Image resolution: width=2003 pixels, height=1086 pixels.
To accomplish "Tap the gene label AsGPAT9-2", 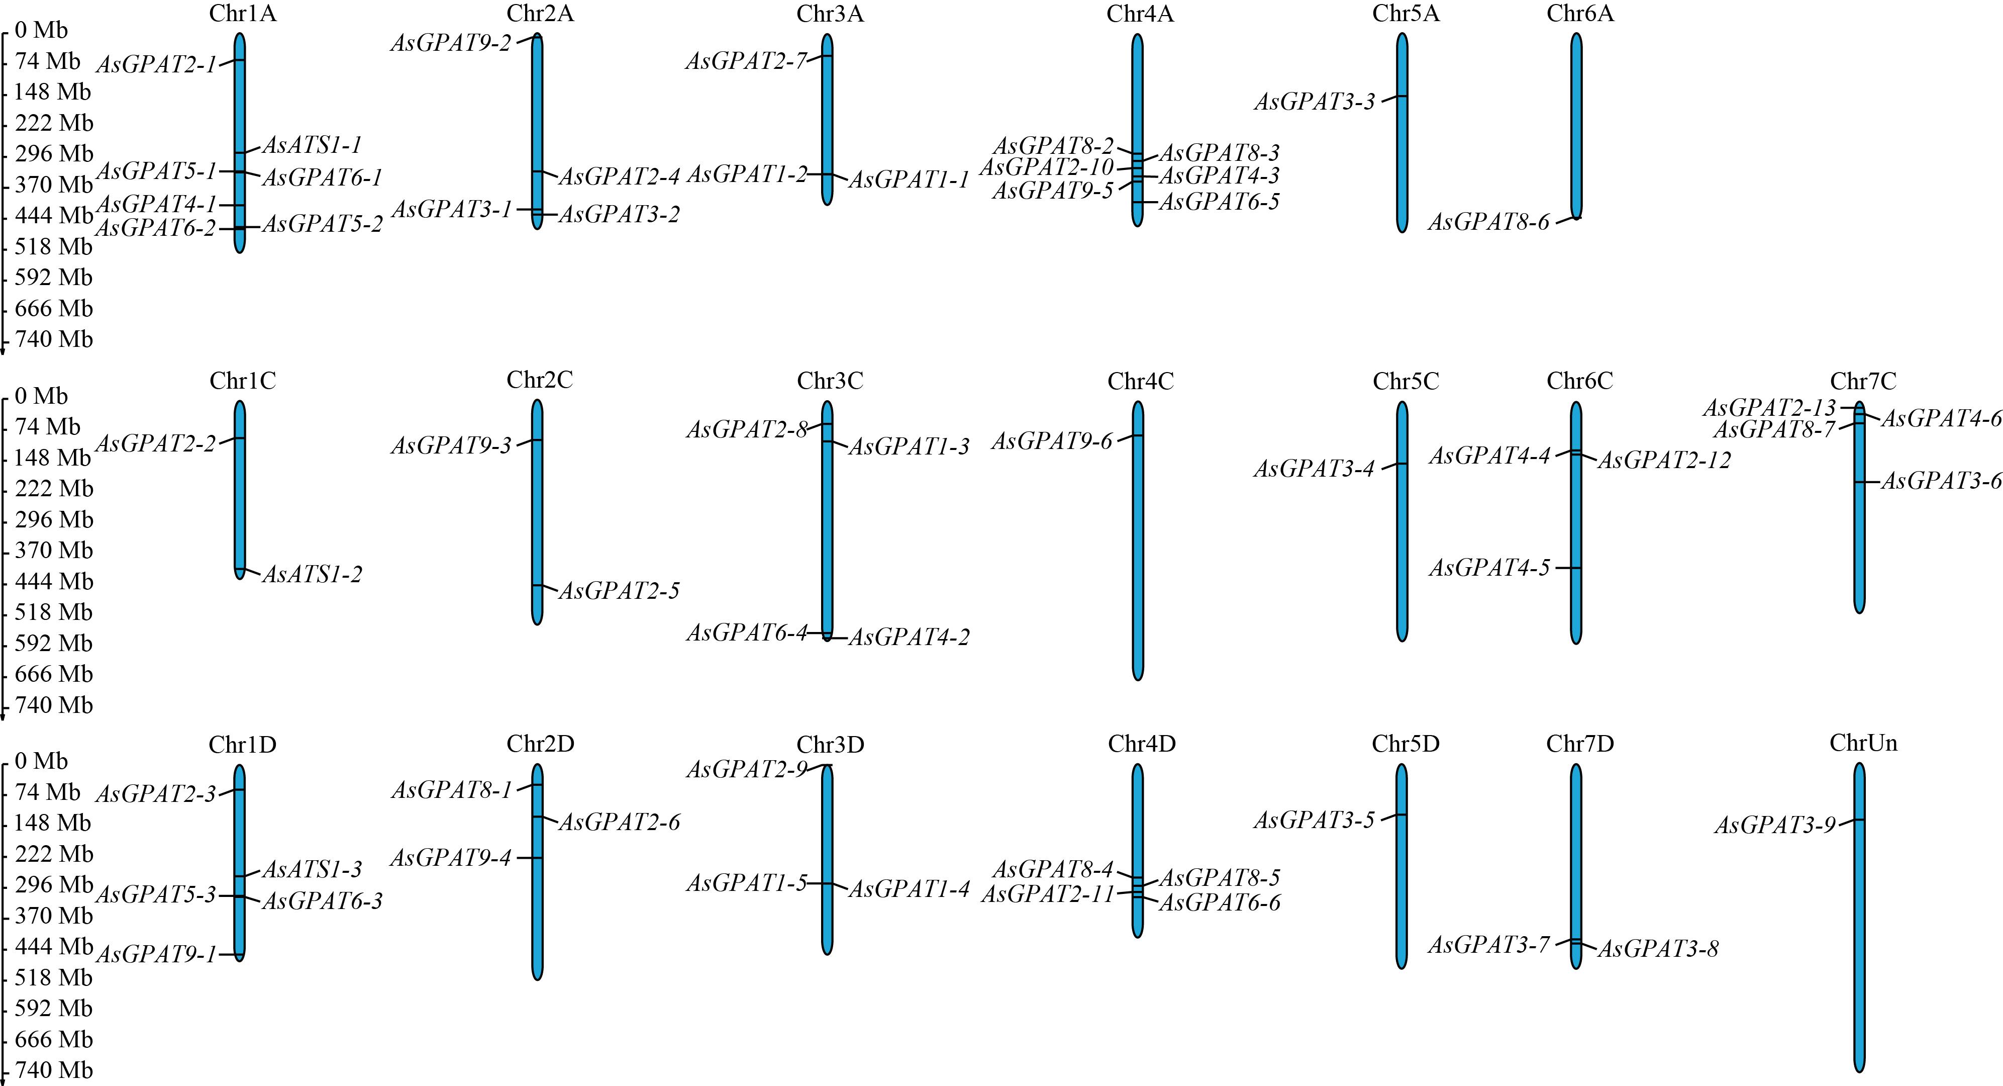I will coord(451,43).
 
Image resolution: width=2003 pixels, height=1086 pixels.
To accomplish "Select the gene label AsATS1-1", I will coord(312,145).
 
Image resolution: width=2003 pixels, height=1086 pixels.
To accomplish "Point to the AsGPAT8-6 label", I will coord(1488,223).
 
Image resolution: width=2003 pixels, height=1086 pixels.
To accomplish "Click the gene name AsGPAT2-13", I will coord(1769,408).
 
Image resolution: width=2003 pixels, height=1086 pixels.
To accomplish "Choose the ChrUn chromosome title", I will coord(1863,743).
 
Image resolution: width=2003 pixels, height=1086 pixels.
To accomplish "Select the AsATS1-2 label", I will coord(312,575).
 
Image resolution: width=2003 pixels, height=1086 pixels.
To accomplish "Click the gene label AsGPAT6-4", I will coord(746,633).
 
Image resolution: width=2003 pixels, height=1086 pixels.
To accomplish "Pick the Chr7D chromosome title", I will coord(1579,745).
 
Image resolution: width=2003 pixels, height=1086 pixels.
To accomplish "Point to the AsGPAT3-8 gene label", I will coord(1658,949).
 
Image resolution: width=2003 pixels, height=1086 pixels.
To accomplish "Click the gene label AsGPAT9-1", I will coord(155,955).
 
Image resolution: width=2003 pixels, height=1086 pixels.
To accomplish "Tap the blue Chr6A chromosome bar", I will coord(1576,125).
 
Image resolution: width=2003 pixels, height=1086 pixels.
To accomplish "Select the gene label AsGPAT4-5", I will coord(1489,569).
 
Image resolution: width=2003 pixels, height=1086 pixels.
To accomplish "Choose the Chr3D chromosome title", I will coord(830,745).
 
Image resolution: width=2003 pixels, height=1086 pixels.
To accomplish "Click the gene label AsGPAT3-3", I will coord(1314,102).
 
